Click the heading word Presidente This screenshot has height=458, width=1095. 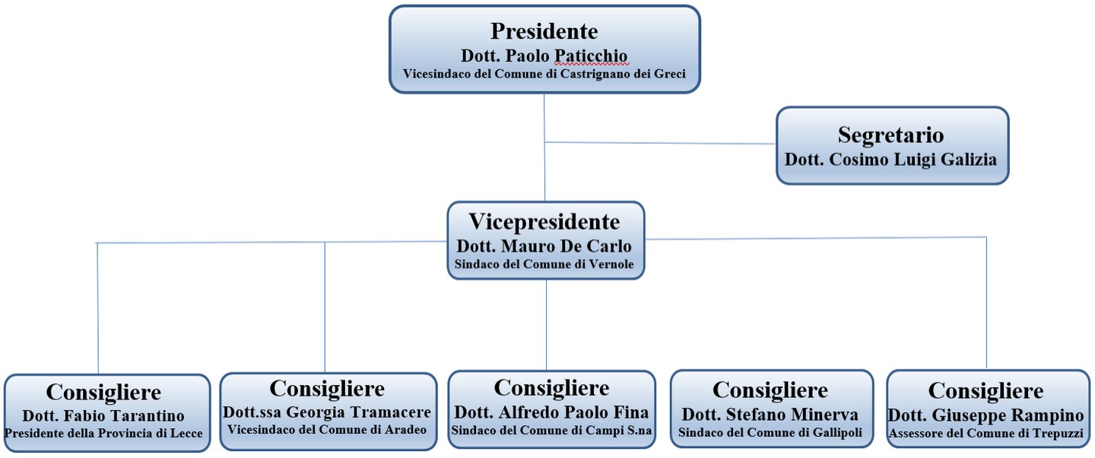[544, 31]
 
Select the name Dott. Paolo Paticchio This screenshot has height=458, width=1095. [544, 56]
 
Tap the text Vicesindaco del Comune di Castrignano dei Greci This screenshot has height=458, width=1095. [544, 75]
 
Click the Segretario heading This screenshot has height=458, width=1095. [890, 135]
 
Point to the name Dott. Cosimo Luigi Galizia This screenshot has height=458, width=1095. [890, 161]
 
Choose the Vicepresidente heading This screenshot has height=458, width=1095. [544, 222]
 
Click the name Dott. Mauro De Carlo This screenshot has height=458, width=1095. [544, 247]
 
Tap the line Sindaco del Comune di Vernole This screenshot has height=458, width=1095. [544, 265]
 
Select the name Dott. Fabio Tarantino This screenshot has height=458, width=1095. [103, 416]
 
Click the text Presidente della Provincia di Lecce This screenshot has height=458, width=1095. [103, 434]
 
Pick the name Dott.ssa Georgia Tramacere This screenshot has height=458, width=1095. [327, 412]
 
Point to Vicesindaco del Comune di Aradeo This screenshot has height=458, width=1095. [327, 429]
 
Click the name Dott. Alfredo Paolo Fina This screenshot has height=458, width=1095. [551, 412]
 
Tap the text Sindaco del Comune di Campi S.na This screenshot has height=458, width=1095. [551, 429]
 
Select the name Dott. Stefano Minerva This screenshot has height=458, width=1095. [770, 415]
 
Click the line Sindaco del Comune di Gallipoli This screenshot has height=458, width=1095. [770, 432]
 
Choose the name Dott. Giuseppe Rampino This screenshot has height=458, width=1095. [986, 416]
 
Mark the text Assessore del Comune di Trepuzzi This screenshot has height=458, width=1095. [986, 434]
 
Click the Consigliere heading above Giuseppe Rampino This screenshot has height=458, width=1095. [986, 391]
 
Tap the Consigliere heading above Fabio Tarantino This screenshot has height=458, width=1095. [103, 393]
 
